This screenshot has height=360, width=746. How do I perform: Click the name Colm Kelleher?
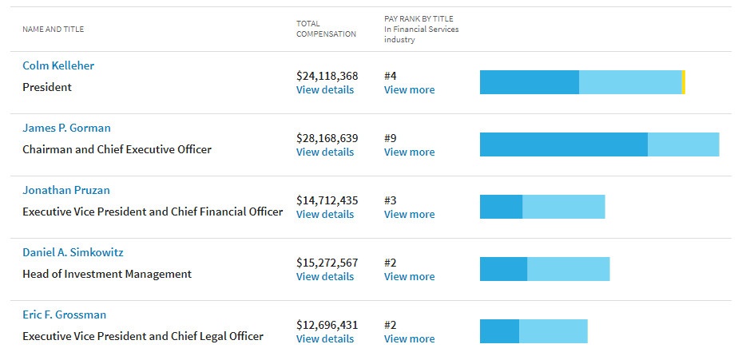coord(58,65)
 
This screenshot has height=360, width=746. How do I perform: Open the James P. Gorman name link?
coord(66,128)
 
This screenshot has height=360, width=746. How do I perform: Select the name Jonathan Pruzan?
coord(66,190)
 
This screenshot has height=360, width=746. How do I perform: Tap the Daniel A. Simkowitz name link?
coord(73,252)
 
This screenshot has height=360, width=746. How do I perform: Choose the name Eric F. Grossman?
coord(64,315)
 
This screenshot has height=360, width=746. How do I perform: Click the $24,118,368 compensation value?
coord(327,76)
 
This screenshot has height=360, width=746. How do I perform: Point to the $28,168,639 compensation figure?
coord(327,138)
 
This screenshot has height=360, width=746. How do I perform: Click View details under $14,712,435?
coord(324,214)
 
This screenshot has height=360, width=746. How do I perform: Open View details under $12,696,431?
coord(324,338)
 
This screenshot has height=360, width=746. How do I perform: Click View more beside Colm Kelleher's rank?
coord(409,89)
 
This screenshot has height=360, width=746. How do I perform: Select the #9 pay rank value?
coord(391,138)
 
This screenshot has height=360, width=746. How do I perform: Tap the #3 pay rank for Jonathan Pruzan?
coord(391,200)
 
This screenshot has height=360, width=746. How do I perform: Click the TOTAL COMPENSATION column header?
coord(326,29)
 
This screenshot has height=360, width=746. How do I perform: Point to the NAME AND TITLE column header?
coord(53,30)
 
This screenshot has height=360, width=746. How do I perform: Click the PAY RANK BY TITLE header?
coord(419,18)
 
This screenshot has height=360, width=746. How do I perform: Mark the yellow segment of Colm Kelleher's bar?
coord(684,82)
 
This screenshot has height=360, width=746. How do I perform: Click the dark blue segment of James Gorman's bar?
coord(563,144)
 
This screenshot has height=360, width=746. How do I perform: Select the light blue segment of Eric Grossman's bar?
coord(553,331)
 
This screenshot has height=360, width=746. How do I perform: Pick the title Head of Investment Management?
coord(107,274)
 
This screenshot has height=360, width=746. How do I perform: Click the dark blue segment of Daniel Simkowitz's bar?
coord(503,269)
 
